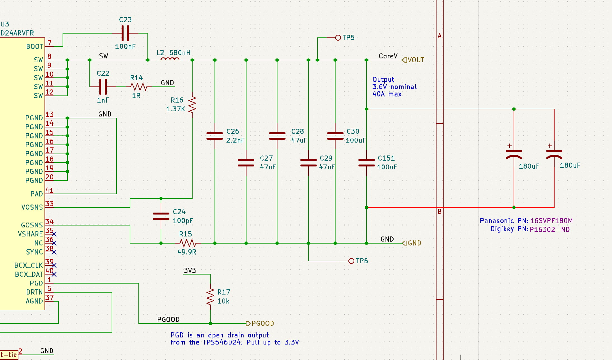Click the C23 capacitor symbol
[125, 33]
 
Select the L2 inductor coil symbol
[170, 59]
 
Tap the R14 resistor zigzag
[139, 86]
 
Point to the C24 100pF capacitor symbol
[161, 216]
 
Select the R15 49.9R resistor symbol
[187, 243]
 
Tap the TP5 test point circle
[338, 38]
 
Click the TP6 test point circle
[351, 261]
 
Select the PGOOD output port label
[260, 323]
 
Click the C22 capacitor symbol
[103, 86]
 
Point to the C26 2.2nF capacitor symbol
[215, 136]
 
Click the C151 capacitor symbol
[366, 163]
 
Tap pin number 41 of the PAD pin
[49, 190]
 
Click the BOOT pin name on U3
[35, 46]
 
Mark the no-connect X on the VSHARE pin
[54, 234]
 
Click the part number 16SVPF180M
[551, 221]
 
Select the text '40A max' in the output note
[387, 94]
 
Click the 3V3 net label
[190, 270]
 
